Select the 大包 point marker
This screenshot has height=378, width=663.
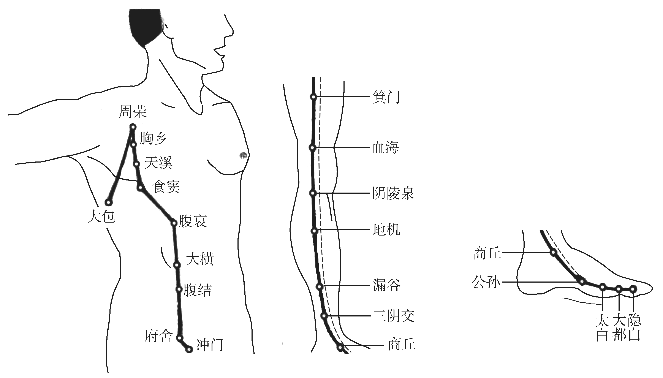point(108,202)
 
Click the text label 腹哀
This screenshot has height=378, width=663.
point(192,221)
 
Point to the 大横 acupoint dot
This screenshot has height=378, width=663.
point(177,265)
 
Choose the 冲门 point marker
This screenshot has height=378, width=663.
point(190,350)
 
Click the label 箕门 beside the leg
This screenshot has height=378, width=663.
point(386,97)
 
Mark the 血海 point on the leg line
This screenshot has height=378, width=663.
point(313,148)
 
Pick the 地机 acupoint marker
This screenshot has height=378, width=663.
point(314,231)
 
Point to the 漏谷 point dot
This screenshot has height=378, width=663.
point(320,287)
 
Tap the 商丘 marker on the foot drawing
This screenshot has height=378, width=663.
point(554,252)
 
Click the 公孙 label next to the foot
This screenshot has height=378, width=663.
point(486,282)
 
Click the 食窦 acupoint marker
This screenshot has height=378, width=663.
point(140,187)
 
